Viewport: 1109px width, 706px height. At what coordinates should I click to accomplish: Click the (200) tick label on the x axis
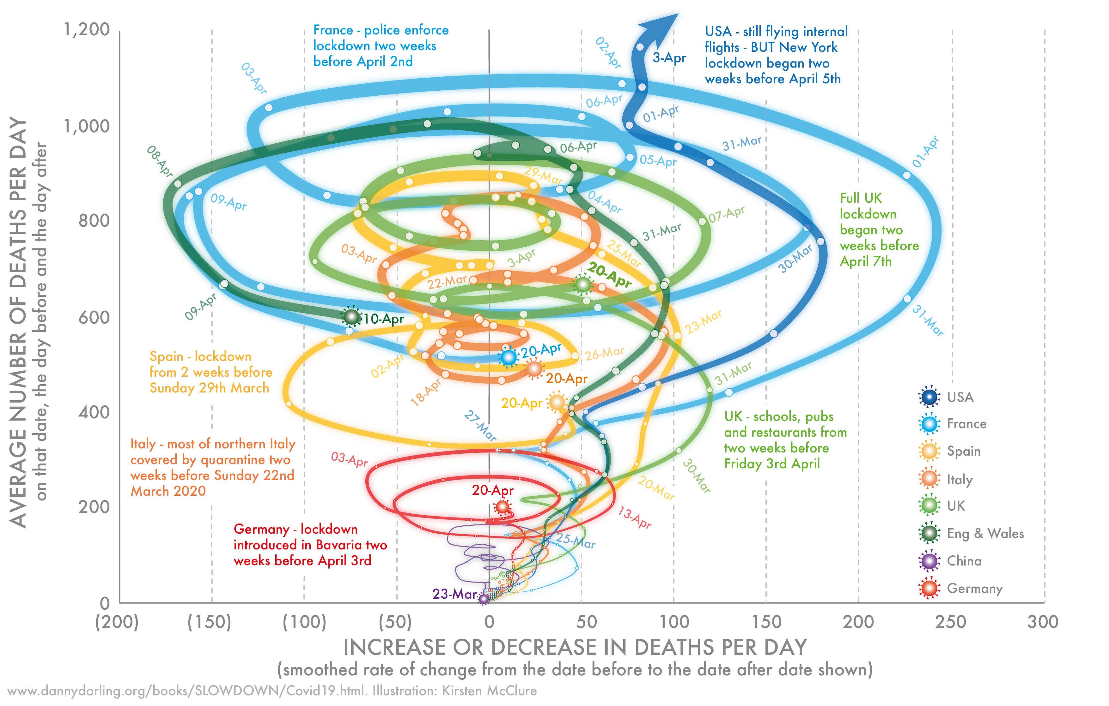tap(117, 622)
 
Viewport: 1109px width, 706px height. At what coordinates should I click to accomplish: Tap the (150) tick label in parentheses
tap(209, 622)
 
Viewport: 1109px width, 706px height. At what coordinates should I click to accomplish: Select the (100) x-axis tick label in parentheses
tap(304, 622)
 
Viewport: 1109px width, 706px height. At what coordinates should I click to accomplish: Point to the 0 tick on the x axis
tap(489, 622)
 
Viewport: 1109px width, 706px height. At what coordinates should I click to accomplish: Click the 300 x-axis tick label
tap(1043, 622)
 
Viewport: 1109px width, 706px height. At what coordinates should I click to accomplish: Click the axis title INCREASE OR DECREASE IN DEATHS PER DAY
tap(575, 647)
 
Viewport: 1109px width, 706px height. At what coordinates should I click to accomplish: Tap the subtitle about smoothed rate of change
tap(575, 670)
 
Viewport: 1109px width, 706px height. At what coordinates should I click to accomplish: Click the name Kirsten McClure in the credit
tap(489, 691)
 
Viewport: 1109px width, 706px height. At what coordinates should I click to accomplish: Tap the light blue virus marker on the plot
tap(509, 357)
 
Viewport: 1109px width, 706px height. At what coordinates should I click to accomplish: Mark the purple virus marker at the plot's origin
tap(483, 599)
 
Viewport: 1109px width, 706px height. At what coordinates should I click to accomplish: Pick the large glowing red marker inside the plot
tap(502, 507)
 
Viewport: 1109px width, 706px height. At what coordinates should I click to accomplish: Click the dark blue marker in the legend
tap(930, 397)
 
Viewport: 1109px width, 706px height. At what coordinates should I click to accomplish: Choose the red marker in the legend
tap(930, 588)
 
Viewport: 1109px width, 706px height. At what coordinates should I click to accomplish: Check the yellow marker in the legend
tap(930, 451)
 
